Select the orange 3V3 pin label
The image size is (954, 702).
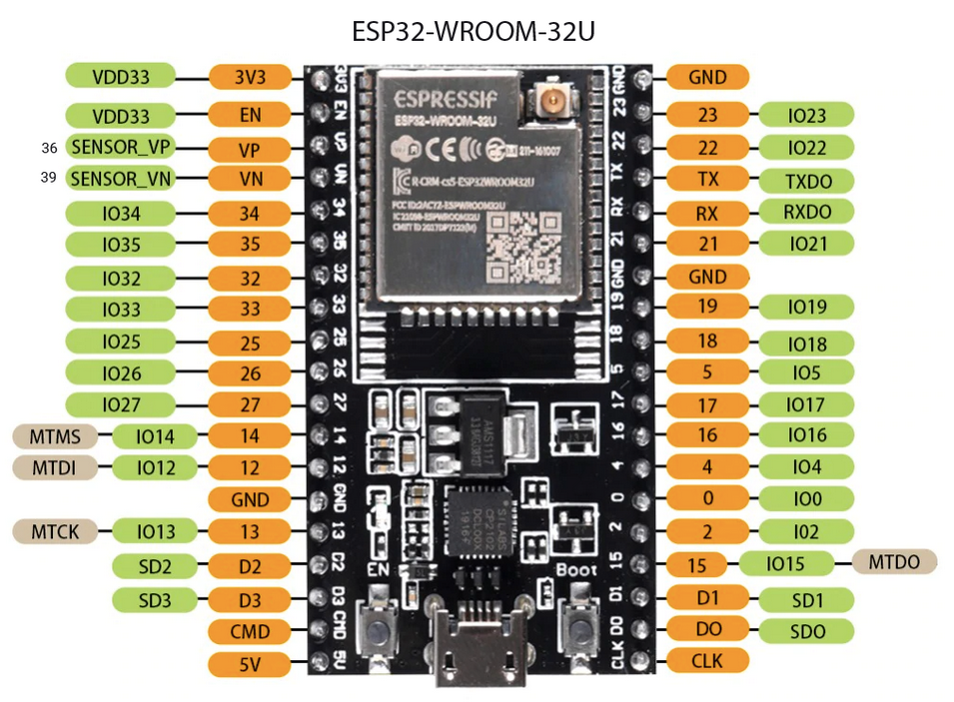(250, 77)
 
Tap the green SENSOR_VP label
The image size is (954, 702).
(120, 147)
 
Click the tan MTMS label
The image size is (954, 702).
(54, 435)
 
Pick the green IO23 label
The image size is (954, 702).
(806, 116)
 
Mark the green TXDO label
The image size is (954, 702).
(806, 181)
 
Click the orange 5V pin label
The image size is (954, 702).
(250, 664)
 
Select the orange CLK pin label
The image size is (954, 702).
(707, 660)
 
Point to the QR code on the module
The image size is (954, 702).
(512, 245)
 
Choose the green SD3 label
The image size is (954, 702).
(155, 599)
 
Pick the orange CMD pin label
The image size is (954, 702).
(250, 631)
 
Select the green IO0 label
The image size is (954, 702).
(806, 498)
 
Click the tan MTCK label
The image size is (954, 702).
(54, 530)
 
